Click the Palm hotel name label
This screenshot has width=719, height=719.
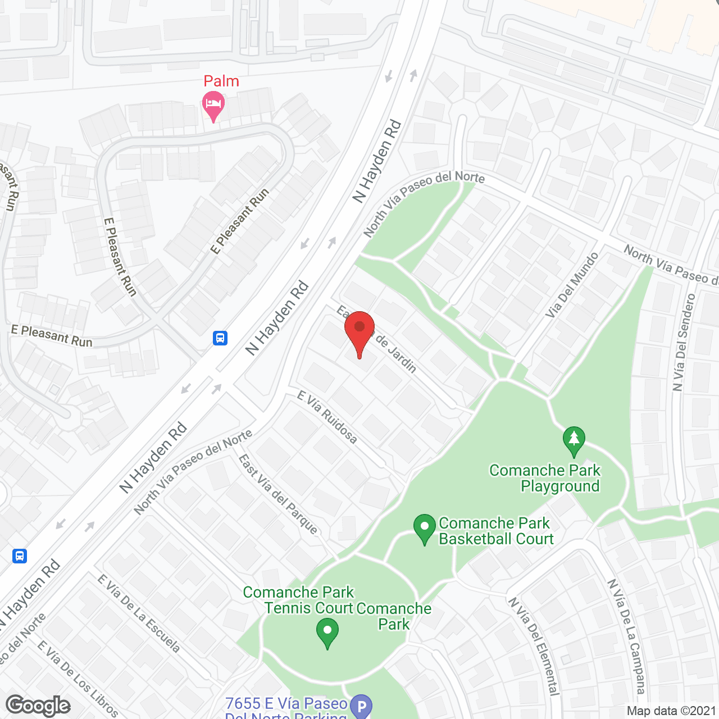(x=221, y=81)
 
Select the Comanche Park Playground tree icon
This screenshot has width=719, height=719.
(x=574, y=440)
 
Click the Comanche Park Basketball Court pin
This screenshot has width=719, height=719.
(x=425, y=529)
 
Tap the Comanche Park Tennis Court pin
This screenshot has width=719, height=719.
(x=327, y=632)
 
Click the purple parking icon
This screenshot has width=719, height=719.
(x=361, y=706)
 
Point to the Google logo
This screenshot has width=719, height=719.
(x=38, y=706)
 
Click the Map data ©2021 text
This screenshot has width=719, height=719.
(x=671, y=711)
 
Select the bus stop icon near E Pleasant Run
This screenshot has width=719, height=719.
(x=220, y=338)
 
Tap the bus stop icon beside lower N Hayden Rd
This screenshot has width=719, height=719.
(x=20, y=556)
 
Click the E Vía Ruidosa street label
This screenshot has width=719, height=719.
(x=327, y=417)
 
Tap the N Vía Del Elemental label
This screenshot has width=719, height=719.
(x=534, y=646)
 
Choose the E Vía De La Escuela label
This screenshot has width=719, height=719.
(x=139, y=614)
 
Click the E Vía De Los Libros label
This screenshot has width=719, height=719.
(x=78, y=679)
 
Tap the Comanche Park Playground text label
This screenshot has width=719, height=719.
(x=545, y=478)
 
